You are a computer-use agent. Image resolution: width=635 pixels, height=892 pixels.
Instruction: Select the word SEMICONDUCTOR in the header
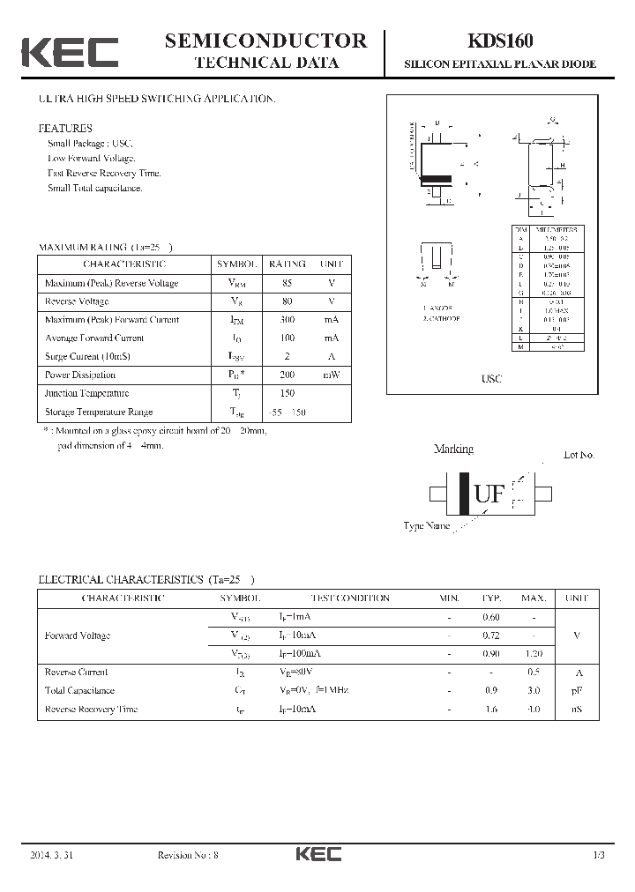[265, 40]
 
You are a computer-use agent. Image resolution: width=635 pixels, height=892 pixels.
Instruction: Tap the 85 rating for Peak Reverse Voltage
[288, 283]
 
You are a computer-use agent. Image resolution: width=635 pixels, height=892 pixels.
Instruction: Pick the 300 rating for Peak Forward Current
[288, 320]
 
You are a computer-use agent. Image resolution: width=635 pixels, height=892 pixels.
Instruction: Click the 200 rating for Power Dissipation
[288, 375]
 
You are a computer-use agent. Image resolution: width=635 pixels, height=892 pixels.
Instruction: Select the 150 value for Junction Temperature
[288, 393]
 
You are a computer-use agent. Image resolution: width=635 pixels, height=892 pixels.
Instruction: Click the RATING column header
[288, 264]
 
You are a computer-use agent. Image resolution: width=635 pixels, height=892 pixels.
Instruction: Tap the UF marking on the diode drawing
[490, 494]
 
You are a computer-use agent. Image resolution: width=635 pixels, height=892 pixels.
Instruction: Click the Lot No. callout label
[579, 455]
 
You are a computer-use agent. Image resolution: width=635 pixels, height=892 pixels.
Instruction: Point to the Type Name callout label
[427, 526]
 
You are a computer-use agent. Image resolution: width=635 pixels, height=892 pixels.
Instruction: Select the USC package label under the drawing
[491, 378]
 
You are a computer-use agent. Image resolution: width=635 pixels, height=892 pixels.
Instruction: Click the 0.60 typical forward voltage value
[491, 617]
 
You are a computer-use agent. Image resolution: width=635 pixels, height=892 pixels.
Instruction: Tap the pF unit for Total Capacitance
[577, 690]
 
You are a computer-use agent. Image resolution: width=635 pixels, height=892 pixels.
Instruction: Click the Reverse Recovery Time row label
[91, 709]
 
